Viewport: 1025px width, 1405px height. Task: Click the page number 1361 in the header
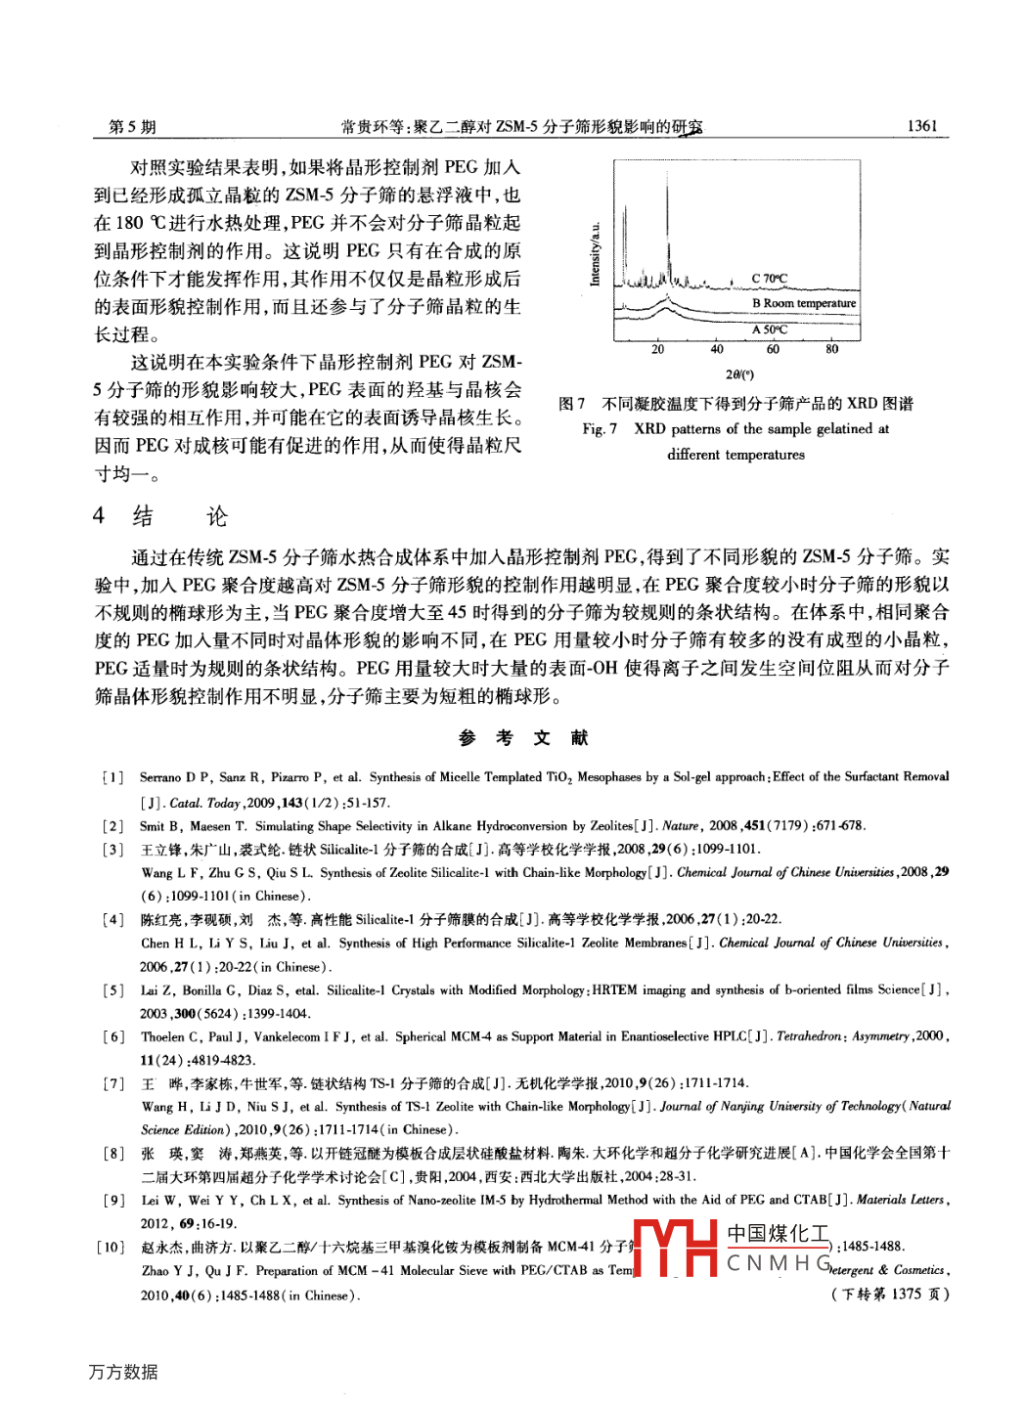[x=921, y=125]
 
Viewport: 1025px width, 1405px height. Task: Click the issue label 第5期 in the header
[x=132, y=126]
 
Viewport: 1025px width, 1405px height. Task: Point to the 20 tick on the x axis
[x=657, y=349]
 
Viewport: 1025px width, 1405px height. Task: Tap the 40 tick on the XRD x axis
[x=717, y=349]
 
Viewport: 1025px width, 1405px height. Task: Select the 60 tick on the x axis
[x=773, y=349]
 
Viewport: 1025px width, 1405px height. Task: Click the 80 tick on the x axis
[x=831, y=349]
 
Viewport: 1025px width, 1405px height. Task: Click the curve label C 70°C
[x=769, y=279]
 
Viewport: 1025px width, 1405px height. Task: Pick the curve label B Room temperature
[x=803, y=303]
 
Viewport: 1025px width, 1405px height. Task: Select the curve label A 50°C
[x=769, y=329]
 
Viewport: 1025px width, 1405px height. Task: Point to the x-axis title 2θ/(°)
[x=739, y=374]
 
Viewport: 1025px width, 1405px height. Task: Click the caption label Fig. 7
[x=600, y=429]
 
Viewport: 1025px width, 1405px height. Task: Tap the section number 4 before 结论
[x=99, y=515]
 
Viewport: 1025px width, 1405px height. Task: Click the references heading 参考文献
[x=523, y=737]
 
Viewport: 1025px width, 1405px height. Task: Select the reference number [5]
[x=113, y=990]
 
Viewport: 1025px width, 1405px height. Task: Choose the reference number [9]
[x=113, y=1200]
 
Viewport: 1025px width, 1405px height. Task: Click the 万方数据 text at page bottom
[x=123, y=1372]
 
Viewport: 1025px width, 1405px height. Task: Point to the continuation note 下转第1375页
[x=890, y=1294]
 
